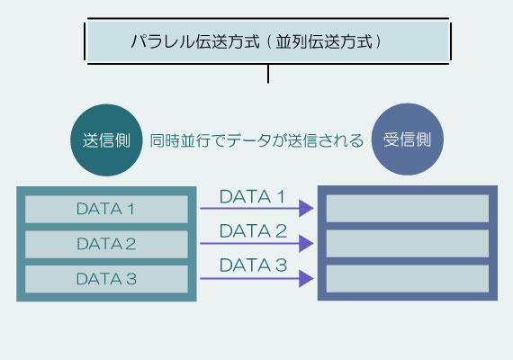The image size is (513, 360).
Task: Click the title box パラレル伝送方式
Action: [x=267, y=41]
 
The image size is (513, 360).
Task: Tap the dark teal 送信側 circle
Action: [x=105, y=140]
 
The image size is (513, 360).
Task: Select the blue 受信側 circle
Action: [x=408, y=140]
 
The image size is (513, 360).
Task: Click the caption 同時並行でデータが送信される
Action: [x=256, y=140]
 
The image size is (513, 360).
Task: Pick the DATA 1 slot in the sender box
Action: [x=106, y=209]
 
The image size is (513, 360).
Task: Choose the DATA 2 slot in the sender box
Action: [x=106, y=244]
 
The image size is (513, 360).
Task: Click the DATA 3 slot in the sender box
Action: [x=106, y=279]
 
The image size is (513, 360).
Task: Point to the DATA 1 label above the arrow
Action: [x=253, y=196]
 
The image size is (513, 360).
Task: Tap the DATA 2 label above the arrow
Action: [x=253, y=230]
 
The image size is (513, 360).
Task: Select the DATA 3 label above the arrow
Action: [x=253, y=265]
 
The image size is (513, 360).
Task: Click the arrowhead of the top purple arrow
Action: [x=306, y=209]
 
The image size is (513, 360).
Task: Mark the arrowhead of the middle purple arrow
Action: [x=306, y=244]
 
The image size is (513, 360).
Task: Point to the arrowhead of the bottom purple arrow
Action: [x=306, y=279]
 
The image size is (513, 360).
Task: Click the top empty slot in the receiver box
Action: [x=407, y=209]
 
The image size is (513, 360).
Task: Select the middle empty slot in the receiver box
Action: [x=407, y=244]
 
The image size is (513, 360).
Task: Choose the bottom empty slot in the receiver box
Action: [x=407, y=279]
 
